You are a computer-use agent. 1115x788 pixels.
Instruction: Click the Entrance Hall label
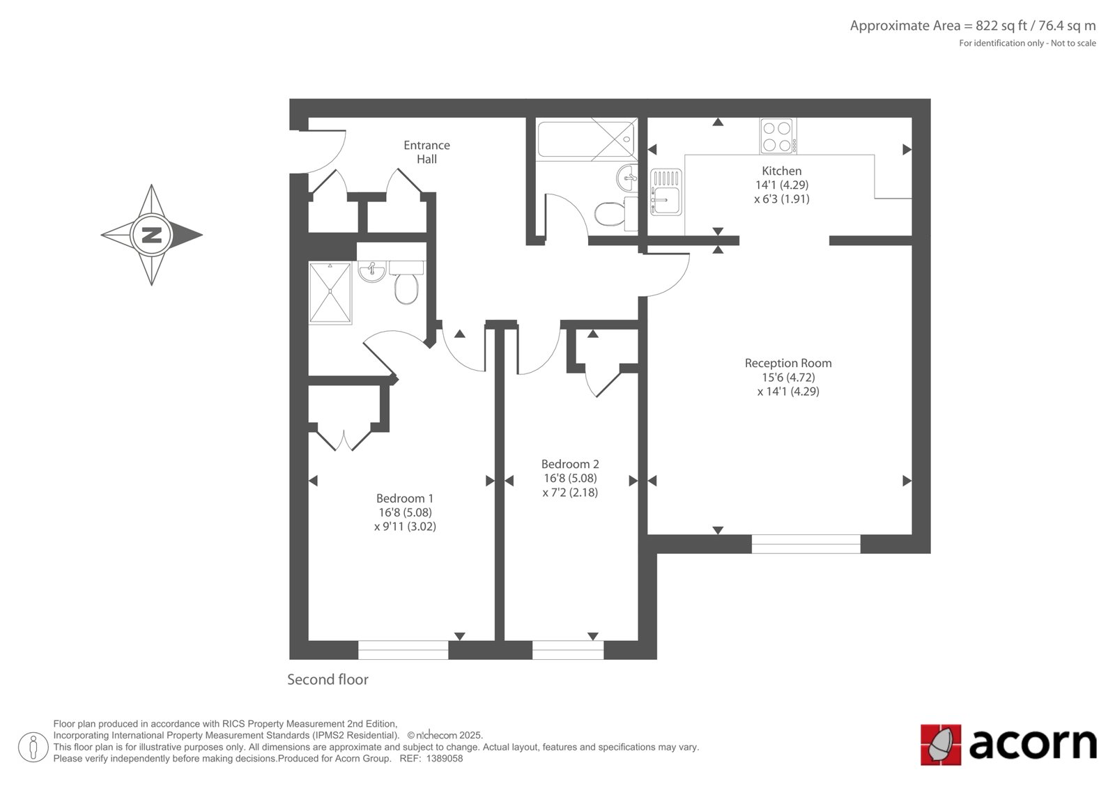coord(426,152)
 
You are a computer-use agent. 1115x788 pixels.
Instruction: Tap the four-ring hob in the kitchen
coord(778,136)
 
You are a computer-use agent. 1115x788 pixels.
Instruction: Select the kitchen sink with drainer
coord(666,192)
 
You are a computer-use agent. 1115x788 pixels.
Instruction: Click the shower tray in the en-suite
coord(330,293)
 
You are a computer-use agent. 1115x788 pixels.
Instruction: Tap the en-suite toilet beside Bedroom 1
coord(407,283)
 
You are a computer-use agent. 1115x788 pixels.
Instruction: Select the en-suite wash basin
coord(371,271)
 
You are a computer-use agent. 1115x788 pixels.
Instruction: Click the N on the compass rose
coord(151,235)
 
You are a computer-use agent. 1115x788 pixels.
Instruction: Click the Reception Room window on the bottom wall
coord(806,544)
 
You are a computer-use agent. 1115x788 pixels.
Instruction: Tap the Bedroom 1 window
coord(403,650)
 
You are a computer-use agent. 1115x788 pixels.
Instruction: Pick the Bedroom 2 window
coord(568,650)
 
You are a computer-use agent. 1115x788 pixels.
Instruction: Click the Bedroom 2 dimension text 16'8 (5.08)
coord(570,479)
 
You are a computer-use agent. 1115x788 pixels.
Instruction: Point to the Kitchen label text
coord(781,171)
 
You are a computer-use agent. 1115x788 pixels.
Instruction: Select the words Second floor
coord(328,679)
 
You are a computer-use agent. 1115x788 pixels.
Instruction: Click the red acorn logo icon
coord(941,745)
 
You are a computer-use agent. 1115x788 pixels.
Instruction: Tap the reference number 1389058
coord(445,759)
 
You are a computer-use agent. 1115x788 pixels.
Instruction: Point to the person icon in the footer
coord(33,747)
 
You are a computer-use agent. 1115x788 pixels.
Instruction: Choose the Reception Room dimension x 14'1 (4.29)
coord(788,392)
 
